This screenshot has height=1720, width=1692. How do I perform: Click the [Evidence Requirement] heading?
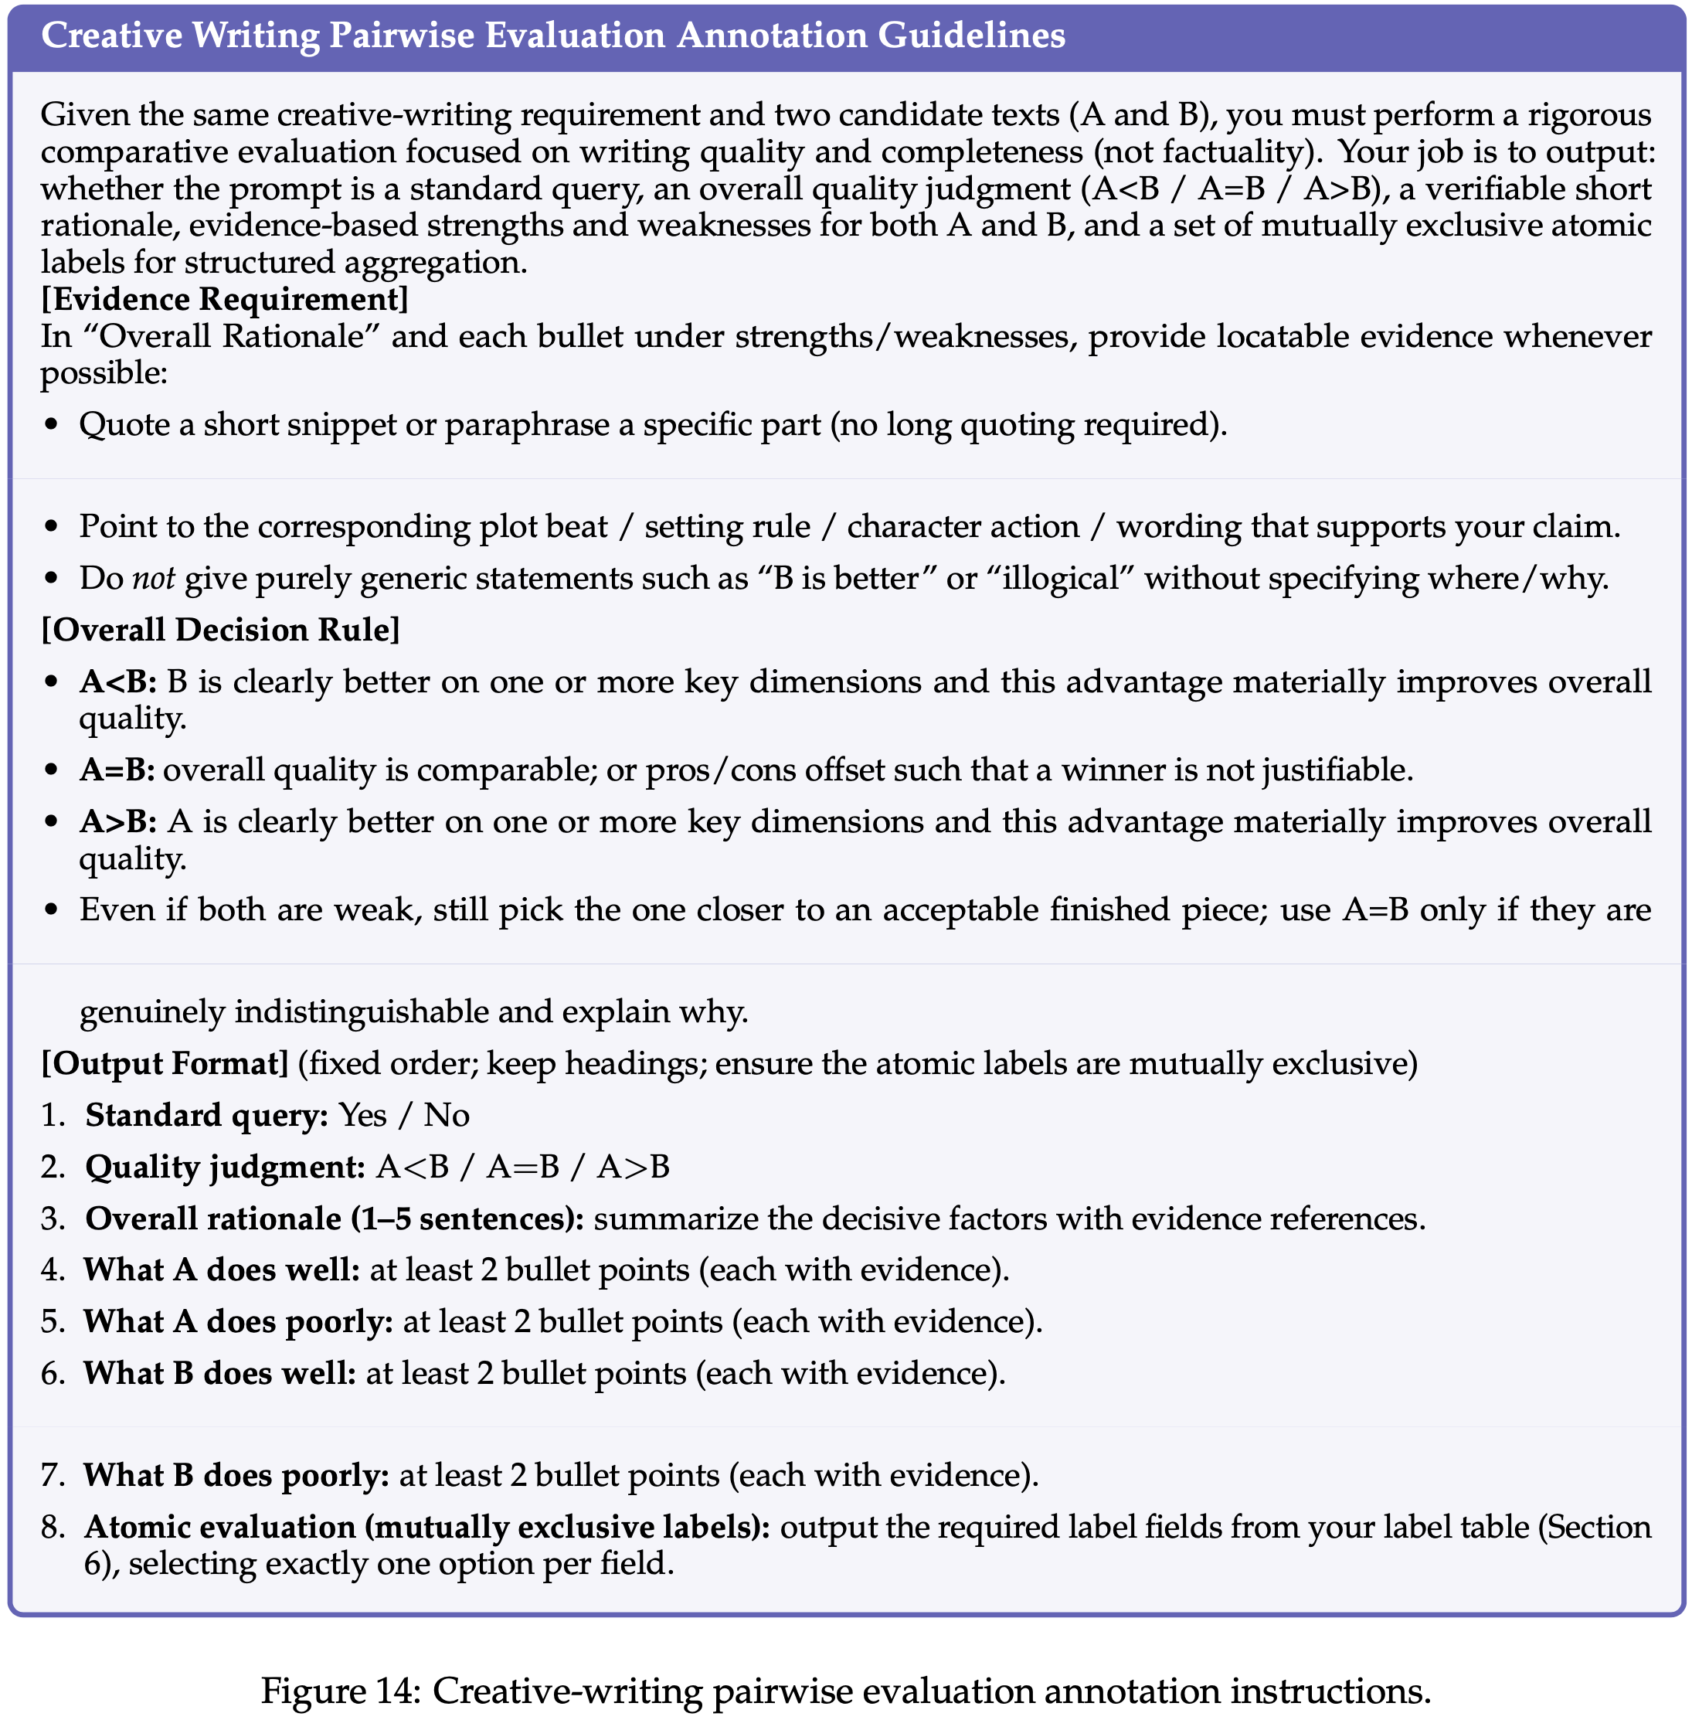coord(225,299)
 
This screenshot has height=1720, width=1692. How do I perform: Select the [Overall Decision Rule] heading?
coord(220,629)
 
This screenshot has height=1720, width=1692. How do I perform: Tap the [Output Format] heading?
coord(165,1063)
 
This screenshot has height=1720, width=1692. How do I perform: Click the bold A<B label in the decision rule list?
coord(118,682)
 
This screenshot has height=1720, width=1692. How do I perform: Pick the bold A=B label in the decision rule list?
coord(117,769)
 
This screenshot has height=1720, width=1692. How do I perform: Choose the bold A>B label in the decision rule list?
coord(118,821)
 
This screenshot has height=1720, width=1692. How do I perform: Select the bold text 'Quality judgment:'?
coord(225,1166)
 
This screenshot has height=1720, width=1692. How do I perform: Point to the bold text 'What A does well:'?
coord(221,1270)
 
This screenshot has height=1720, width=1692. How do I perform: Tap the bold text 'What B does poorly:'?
coord(236,1476)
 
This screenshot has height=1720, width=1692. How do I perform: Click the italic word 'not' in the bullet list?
coord(154,579)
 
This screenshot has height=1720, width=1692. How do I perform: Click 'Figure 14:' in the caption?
coord(341,1690)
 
